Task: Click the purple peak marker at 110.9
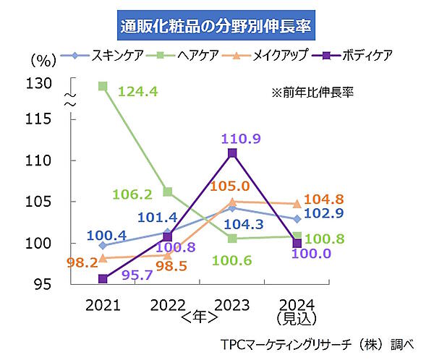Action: tap(231, 153)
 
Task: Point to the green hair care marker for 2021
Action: tap(103, 87)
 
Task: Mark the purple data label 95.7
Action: tap(135, 275)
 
